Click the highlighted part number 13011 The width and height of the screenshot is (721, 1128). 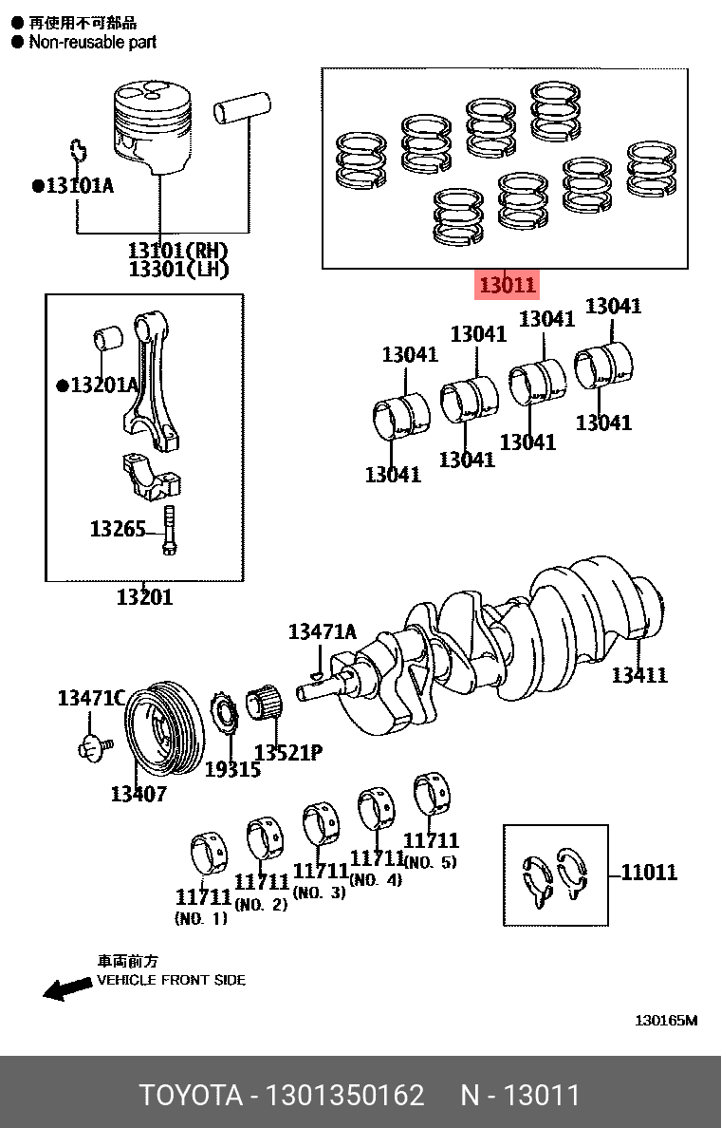508,285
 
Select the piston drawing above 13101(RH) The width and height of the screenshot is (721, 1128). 157,123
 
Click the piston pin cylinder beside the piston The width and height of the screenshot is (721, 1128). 243,107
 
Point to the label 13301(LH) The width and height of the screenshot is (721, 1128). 179,270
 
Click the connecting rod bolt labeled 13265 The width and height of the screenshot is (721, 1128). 169,530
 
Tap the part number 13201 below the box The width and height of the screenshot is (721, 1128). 144,597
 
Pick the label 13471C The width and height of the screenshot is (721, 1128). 91,698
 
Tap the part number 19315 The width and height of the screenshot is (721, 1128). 232,769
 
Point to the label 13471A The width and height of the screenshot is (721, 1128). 323,631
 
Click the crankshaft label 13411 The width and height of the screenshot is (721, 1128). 638,675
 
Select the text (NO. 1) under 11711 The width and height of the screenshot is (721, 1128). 201,919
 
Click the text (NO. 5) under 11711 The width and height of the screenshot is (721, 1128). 430,863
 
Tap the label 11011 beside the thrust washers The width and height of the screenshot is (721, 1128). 649,872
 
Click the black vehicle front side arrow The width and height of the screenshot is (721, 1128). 66,989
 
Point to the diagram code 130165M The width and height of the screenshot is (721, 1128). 666,1022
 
